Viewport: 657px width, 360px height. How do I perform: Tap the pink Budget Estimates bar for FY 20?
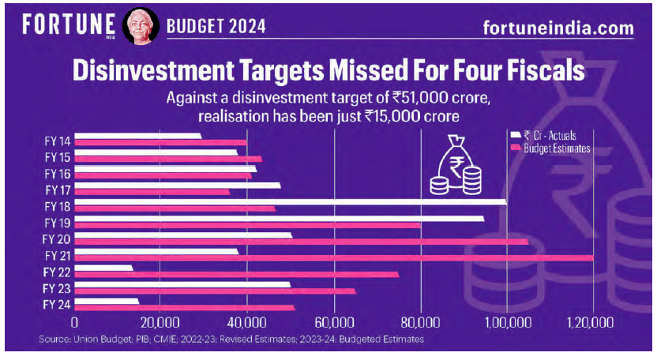click(301, 242)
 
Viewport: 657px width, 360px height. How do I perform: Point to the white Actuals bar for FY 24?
click(107, 301)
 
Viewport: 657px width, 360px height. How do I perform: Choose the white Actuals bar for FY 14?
click(139, 136)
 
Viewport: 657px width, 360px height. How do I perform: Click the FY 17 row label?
click(58, 189)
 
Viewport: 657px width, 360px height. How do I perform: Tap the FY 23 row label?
click(58, 288)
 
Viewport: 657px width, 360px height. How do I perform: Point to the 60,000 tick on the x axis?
click(334, 323)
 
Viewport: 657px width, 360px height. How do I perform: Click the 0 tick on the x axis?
click(75, 323)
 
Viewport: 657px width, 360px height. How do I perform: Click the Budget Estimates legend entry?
click(553, 148)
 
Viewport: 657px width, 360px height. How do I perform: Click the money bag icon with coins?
click(456, 165)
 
